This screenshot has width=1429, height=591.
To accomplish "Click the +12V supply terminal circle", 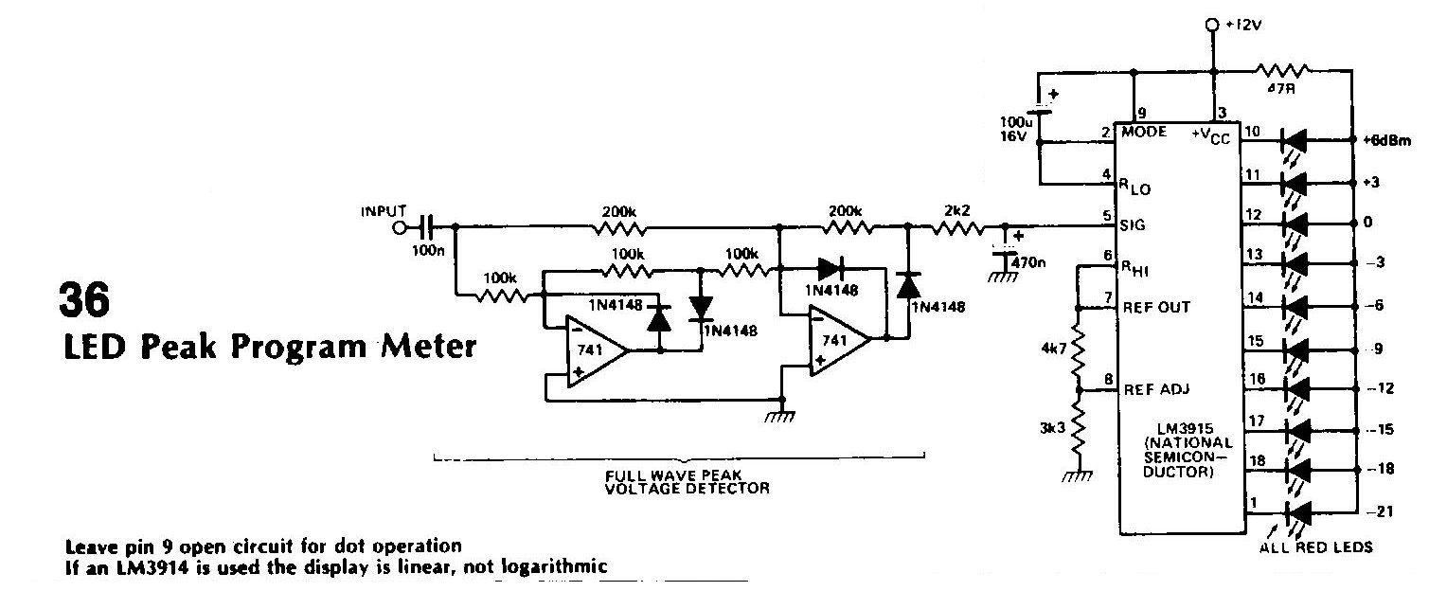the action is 1212,25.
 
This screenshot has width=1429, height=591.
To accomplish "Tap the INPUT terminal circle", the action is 400,227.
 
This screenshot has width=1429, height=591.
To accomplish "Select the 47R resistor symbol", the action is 1282,71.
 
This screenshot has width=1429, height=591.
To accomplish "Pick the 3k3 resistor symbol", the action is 1078,426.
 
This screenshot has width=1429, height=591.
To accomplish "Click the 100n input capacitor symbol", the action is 427,227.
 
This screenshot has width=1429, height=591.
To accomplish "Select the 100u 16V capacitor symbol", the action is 1039,107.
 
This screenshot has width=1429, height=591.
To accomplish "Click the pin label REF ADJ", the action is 1156,389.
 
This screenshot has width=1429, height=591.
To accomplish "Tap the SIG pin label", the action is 1133,224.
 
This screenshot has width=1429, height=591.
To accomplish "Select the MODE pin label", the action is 1144,132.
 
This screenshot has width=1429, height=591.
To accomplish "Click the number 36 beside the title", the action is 84,299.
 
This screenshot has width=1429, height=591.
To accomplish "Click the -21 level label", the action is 1379,511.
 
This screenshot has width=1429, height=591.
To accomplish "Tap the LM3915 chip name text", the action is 1185,429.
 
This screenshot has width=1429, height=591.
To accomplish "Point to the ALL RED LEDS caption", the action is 1316,547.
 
